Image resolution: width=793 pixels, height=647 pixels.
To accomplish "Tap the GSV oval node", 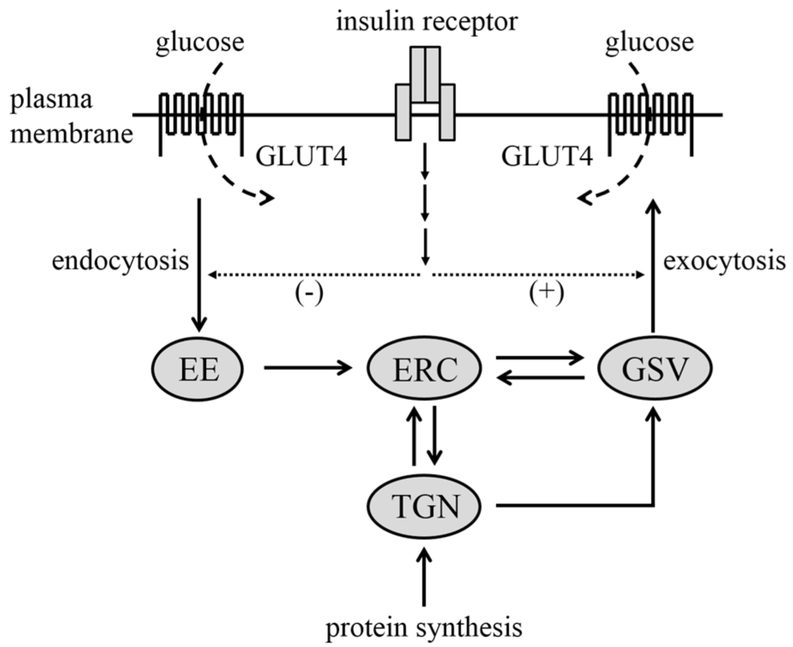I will point(654,368).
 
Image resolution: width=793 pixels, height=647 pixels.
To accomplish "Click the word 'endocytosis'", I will point(120,261).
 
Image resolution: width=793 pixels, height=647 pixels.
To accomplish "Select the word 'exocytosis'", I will point(723,261).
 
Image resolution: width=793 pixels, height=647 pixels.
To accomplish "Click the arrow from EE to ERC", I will point(307,368).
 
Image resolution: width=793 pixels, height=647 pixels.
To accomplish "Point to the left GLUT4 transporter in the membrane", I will point(201,116).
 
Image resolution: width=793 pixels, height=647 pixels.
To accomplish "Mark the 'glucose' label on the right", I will point(651,43).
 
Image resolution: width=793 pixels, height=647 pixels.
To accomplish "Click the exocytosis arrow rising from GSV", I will point(654,263).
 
